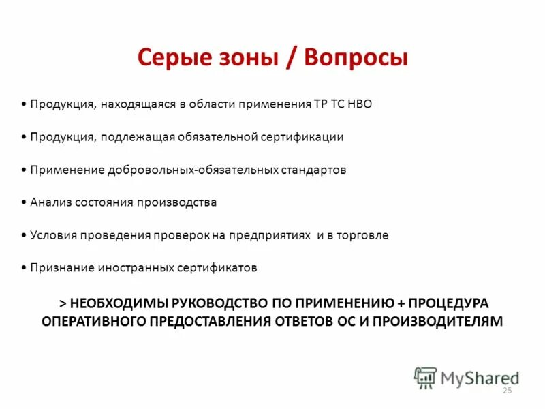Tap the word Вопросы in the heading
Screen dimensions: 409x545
(356, 57)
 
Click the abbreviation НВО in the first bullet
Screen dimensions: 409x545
(360, 104)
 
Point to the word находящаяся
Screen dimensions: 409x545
(139, 104)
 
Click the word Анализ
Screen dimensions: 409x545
(50, 202)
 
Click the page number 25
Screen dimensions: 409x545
(506, 391)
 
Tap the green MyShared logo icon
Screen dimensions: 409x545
(424, 377)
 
